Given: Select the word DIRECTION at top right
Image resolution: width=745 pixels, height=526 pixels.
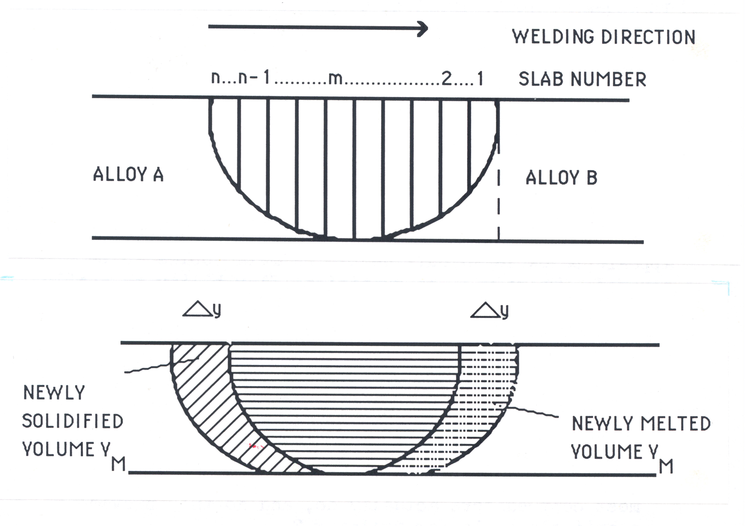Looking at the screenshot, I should click(648, 37).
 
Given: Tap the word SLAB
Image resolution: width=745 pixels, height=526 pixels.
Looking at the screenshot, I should click(541, 79).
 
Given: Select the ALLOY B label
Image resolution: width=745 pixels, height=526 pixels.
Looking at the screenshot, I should click(561, 178).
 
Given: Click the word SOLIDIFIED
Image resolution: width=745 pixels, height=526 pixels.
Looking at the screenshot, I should click(73, 421).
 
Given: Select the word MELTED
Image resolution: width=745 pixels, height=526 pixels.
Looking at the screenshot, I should click(676, 424).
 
